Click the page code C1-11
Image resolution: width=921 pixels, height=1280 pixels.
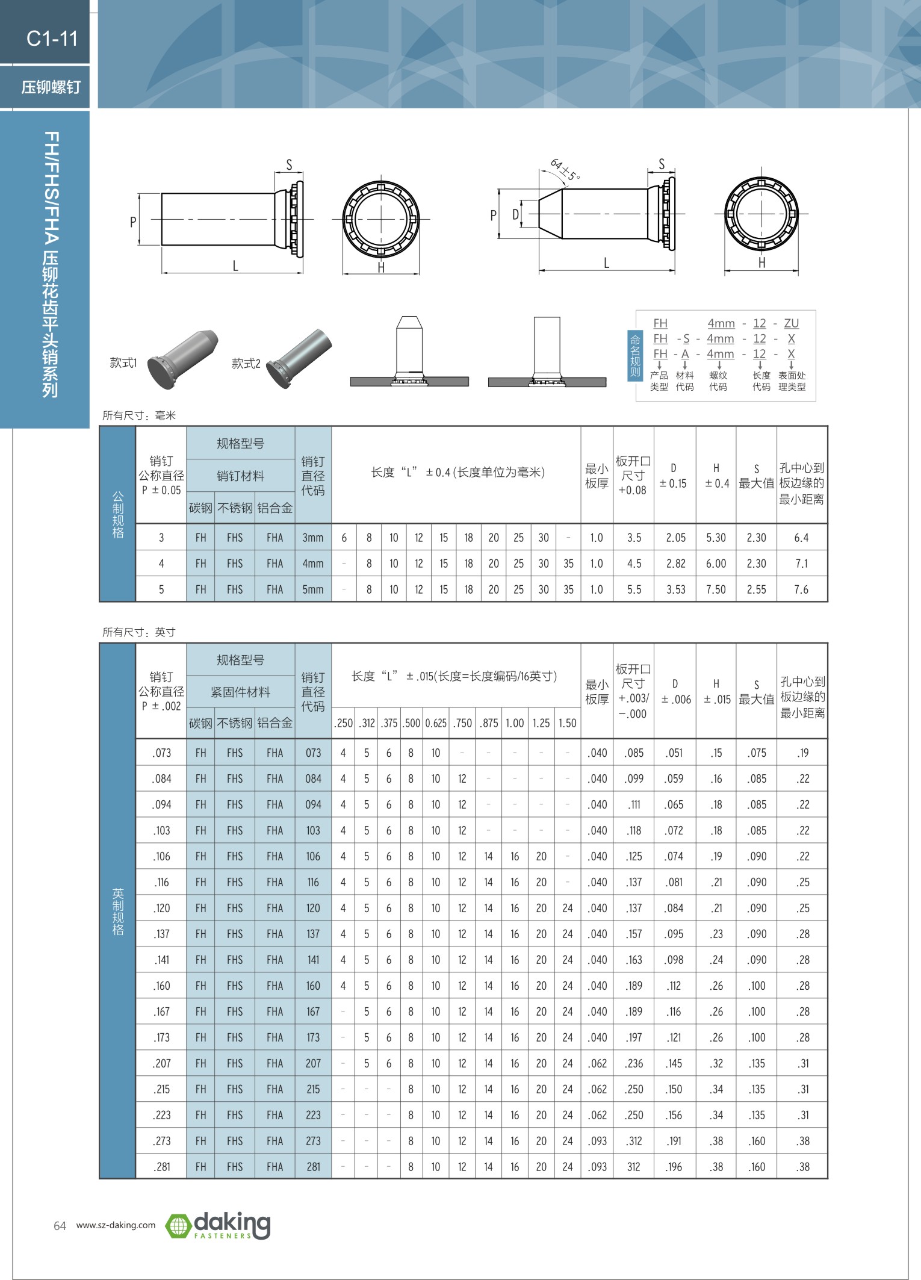[x=52, y=39]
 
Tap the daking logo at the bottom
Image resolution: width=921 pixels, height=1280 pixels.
[x=218, y=1225]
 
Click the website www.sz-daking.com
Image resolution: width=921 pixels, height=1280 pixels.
[x=116, y=1225]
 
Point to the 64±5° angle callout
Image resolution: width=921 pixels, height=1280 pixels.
[x=565, y=169]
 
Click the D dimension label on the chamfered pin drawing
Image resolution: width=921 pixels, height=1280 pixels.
[x=515, y=214]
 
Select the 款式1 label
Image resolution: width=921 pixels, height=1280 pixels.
[x=123, y=362]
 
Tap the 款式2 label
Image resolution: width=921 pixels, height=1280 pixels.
[x=246, y=363]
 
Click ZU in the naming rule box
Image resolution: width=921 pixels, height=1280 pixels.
[x=791, y=323]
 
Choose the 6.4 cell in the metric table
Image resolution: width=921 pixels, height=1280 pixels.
[x=801, y=538]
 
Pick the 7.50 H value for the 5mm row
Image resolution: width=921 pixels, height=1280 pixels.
[x=716, y=589]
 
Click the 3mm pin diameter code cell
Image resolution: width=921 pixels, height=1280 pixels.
[x=313, y=538]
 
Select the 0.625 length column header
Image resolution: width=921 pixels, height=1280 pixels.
[x=436, y=723]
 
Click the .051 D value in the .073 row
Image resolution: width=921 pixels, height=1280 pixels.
[x=674, y=753]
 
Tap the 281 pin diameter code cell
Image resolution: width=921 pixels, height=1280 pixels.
[x=313, y=1167]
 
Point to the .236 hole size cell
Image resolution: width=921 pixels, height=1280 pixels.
[x=634, y=1063]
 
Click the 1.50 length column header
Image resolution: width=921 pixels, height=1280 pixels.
[x=567, y=723]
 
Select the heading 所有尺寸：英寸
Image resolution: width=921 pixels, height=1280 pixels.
[x=139, y=632]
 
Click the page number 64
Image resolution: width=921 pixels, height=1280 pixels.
[x=60, y=1226]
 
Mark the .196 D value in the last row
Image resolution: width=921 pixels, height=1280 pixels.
[x=674, y=1167]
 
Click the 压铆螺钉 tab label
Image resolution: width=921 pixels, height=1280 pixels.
[x=51, y=87]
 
